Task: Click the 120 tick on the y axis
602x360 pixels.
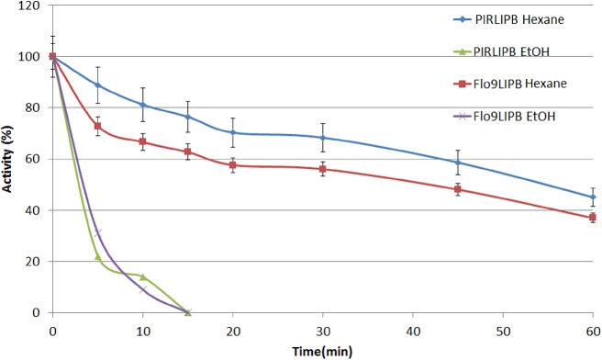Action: tap(32, 6)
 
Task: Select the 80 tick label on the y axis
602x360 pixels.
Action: tap(35, 107)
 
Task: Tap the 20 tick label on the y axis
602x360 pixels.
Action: tap(35, 262)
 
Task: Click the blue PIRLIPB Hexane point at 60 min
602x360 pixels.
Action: tap(592, 197)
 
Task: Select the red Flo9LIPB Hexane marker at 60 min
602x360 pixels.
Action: tap(592, 218)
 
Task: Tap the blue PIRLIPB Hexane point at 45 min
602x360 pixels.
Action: tap(457, 163)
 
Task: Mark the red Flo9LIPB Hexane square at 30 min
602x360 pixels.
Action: tap(322, 169)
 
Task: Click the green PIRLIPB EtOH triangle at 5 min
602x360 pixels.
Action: tap(97, 256)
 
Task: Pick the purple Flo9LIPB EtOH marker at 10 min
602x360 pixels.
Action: tap(142, 290)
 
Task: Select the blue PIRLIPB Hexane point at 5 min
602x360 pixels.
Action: tap(97, 84)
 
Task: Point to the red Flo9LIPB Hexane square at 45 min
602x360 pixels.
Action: tap(457, 189)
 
